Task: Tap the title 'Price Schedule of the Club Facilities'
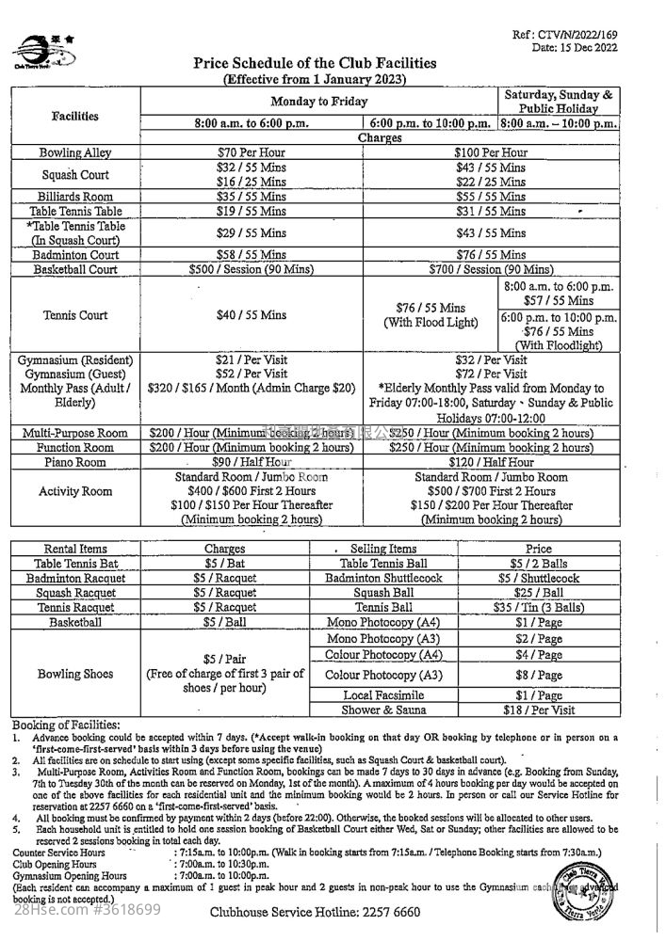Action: coord(315,64)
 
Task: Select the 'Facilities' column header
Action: coord(74,117)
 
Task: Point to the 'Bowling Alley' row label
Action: coord(74,152)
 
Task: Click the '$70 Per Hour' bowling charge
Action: coord(252,152)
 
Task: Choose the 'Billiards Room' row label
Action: coord(74,197)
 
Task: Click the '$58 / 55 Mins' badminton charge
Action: coord(252,255)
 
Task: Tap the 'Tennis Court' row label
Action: coord(74,315)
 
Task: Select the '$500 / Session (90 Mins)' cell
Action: coord(252,269)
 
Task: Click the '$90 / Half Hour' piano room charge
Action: coord(252,462)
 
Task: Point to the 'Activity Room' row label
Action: coord(74,491)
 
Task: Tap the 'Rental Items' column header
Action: coord(74,549)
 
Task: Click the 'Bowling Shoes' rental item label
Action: coord(74,674)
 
